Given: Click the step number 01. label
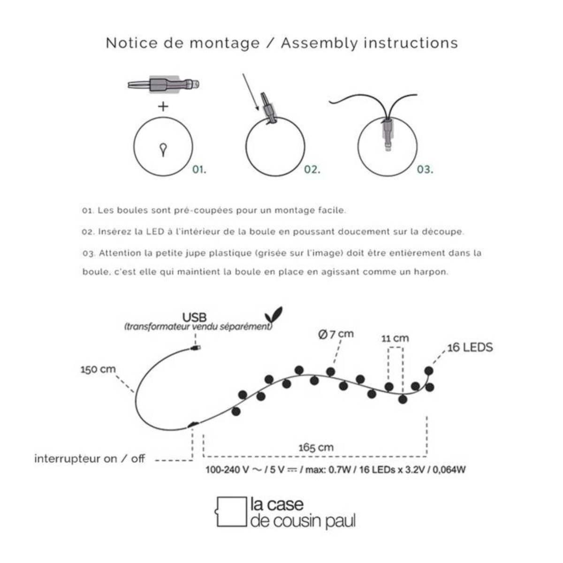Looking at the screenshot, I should coord(199,169).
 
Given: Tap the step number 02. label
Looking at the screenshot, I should coord(312,169).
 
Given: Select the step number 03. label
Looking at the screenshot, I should coord(425,169).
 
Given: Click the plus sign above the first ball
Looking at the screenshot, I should coord(163,107).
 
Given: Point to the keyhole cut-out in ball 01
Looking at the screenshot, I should coord(163,149).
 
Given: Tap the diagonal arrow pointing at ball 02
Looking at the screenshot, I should coord(251,92).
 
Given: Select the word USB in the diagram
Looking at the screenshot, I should coord(194,318).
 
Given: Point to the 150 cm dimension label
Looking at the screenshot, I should coord(98,369).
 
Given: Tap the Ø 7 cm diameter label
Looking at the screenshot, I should coord(335,335).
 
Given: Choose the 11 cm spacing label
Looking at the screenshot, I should coord(395,338).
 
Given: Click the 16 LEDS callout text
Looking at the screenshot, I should coord(470,348).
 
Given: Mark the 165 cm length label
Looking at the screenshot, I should coord(316,447).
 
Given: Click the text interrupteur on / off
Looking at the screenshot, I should coord(90,459).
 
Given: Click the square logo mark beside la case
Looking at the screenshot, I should coord(231,511).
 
